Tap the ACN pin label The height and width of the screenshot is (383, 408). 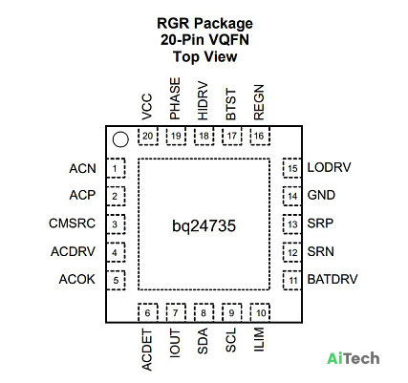coord(82,168)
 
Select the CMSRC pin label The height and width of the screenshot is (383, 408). coord(72,223)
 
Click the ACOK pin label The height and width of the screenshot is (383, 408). coord(77,279)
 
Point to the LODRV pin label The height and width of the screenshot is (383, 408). coord(329,167)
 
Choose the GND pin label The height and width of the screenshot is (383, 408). coord(321,195)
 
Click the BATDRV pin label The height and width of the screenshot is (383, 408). coord(333,279)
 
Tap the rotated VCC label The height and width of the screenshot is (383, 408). coord(147,107)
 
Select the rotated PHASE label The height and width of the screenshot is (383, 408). coord(175,98)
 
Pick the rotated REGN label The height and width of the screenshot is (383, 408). coord(259,102)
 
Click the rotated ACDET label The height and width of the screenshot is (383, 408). coord(147,350)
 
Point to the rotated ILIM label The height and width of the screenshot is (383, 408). coord(259,339)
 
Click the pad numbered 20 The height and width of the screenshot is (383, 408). coord(148,137)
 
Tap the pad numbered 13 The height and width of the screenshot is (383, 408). coord(292,224)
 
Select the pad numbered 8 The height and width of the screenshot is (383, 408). coord(204,312)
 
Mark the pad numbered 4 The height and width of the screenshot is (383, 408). coord(116,252)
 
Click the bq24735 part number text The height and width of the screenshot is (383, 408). coord(204,226)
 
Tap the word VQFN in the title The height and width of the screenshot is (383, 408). coord(227,40)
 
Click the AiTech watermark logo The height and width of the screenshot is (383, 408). coord(354,358)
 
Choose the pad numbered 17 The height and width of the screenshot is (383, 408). coord(232,137)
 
